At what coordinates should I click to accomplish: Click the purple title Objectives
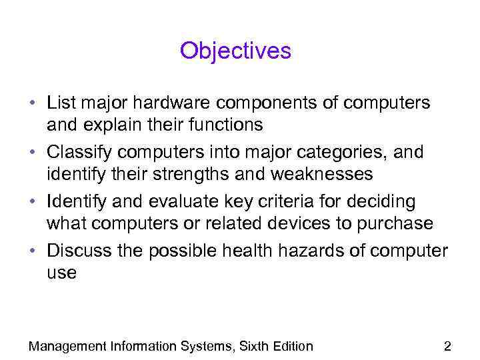pyautogui.click(x=235, y=51)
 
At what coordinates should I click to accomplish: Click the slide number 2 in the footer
pyautogui.click(x=447, y=345)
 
